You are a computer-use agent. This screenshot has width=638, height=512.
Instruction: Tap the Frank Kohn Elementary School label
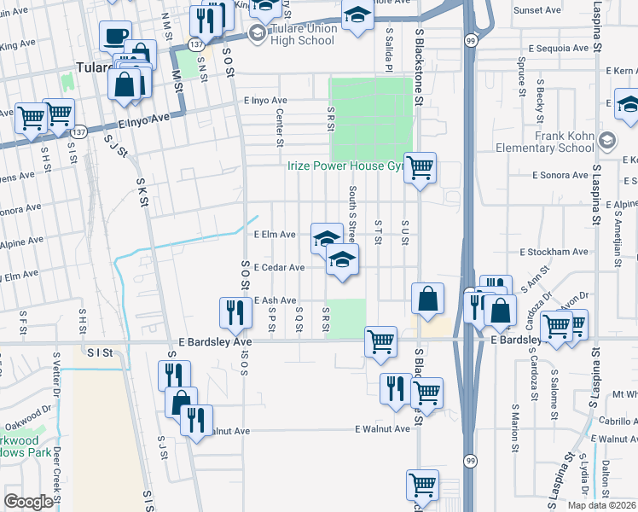tap(564, 142)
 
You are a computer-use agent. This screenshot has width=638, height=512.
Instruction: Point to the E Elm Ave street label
tap(275, 234)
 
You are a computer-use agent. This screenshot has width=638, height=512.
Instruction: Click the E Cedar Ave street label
tap(279, 267)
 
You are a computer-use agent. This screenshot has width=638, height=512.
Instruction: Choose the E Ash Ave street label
tap(275, 300)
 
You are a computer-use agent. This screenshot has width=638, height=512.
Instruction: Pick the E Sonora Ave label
tap(560, 175)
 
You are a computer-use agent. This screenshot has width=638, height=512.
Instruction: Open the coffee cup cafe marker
tap(115, 37)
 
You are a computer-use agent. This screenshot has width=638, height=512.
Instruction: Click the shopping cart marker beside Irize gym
tap(420, 168)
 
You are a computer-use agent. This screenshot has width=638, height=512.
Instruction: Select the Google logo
tap(27, 502)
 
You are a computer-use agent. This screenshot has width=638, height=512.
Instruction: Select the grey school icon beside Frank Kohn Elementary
tap(607, 139)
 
